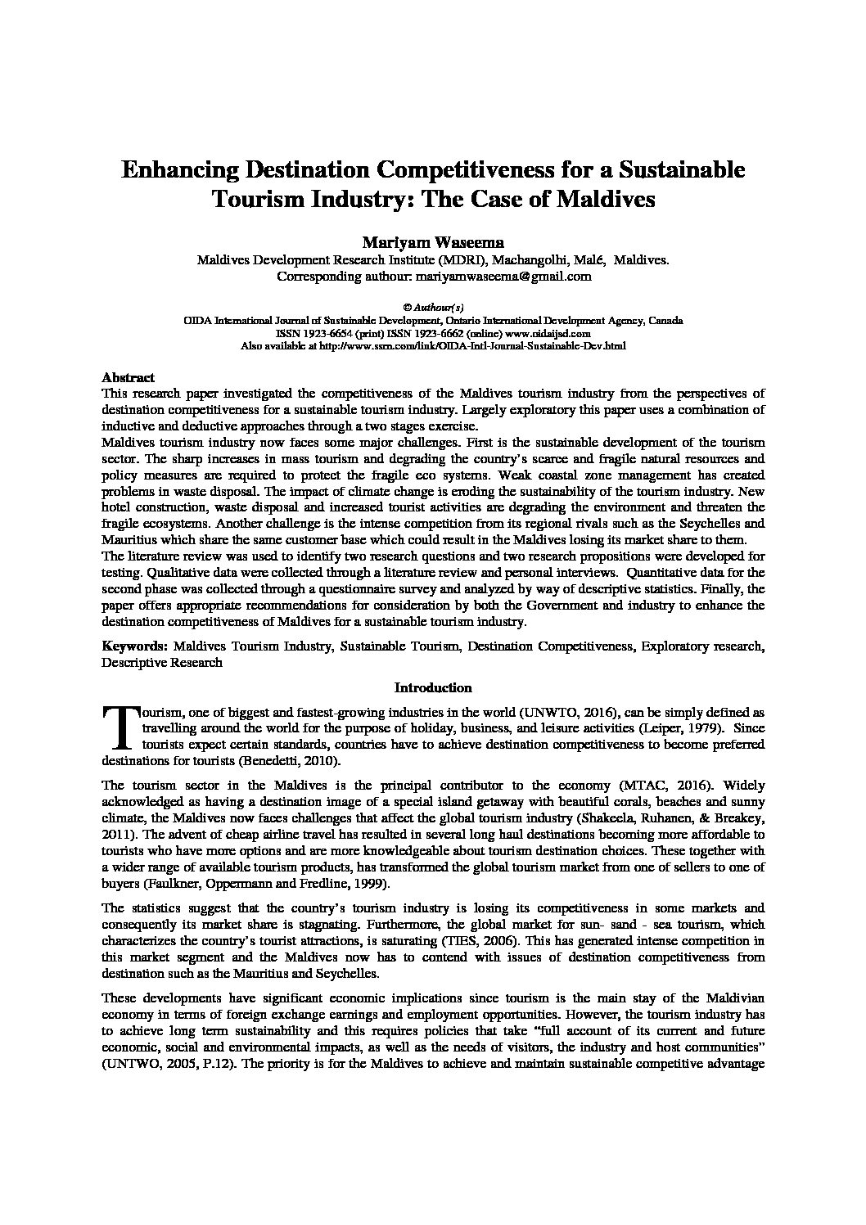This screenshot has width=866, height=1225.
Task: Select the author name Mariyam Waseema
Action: click(x=432, y=243)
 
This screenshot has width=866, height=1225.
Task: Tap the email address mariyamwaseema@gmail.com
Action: click(x=503, y=277)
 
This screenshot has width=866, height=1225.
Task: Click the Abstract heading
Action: click(x=128, y=378)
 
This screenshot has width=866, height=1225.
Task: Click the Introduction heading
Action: click(x=433, y=688)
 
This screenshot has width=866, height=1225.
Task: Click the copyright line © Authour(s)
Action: click(x=433, y=309)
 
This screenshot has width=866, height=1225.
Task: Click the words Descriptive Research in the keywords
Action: click(x=161, y=662)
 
